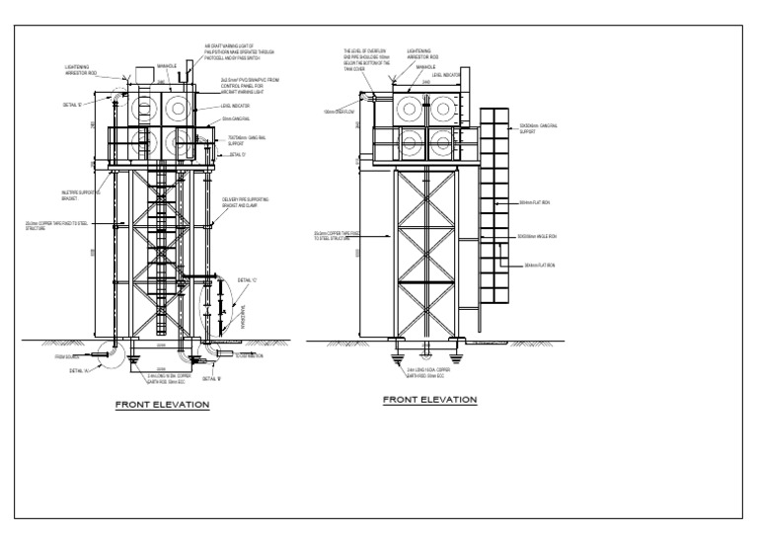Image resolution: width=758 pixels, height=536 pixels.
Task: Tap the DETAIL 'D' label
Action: coord(237,155)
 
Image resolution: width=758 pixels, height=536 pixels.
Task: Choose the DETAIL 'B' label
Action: coord(211,377)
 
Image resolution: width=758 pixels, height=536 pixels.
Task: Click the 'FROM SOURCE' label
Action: coord(67,355)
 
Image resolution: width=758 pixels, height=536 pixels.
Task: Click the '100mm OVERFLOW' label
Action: coord(337,112)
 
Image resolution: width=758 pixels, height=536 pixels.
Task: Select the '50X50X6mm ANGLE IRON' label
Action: coord(537,237)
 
